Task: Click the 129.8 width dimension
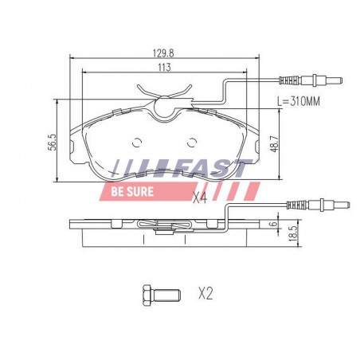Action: click(x=163, y=53)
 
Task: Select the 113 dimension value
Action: click(x=164, y=68)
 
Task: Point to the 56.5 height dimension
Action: click(x=53, y=142)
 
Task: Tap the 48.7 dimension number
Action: click(x=274, y=144)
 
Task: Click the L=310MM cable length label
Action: click(x=299, y=101)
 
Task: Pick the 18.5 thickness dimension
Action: click(x=293, y=233)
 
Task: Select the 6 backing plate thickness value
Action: click(x=274, y=223)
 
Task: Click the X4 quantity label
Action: click(x=200, y=198)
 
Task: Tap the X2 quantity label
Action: click(x=205, y=294)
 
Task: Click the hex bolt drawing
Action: click(x=162, y=295)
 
